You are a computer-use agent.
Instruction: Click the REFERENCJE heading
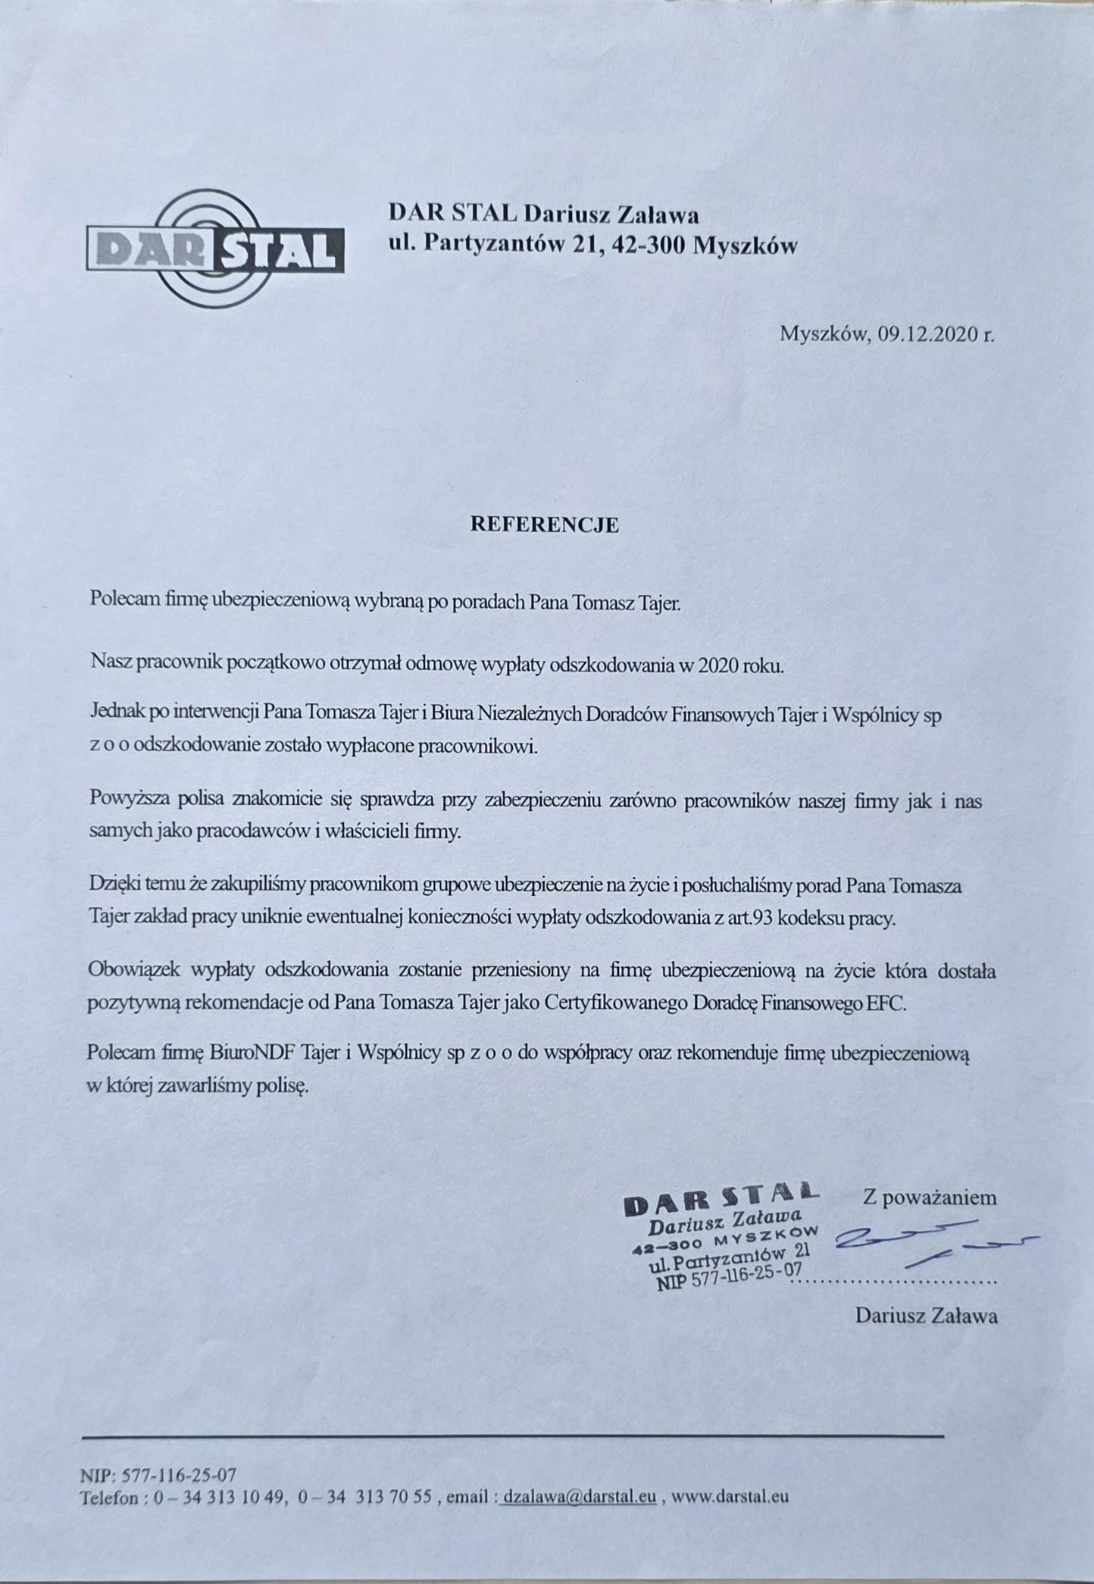coord(545,525)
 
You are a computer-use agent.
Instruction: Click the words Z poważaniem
coord(930,1197)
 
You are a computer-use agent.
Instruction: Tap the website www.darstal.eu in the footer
coord(730,1497)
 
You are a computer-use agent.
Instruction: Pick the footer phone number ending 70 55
coord(366,1497)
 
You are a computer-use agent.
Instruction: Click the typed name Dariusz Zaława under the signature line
coord(926,1315)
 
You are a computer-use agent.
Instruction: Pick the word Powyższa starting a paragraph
coord(130,800)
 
